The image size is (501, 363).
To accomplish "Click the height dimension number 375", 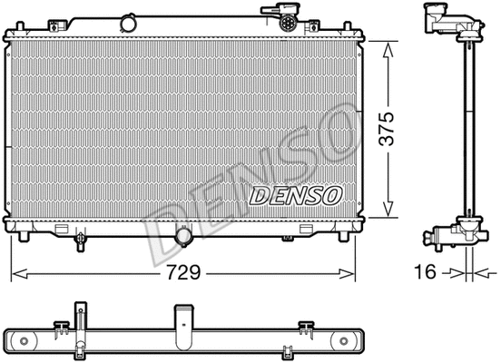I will click(388, 127).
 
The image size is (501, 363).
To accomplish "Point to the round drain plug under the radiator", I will click(183, 237).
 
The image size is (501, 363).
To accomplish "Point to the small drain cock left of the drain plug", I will click(81, 240).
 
